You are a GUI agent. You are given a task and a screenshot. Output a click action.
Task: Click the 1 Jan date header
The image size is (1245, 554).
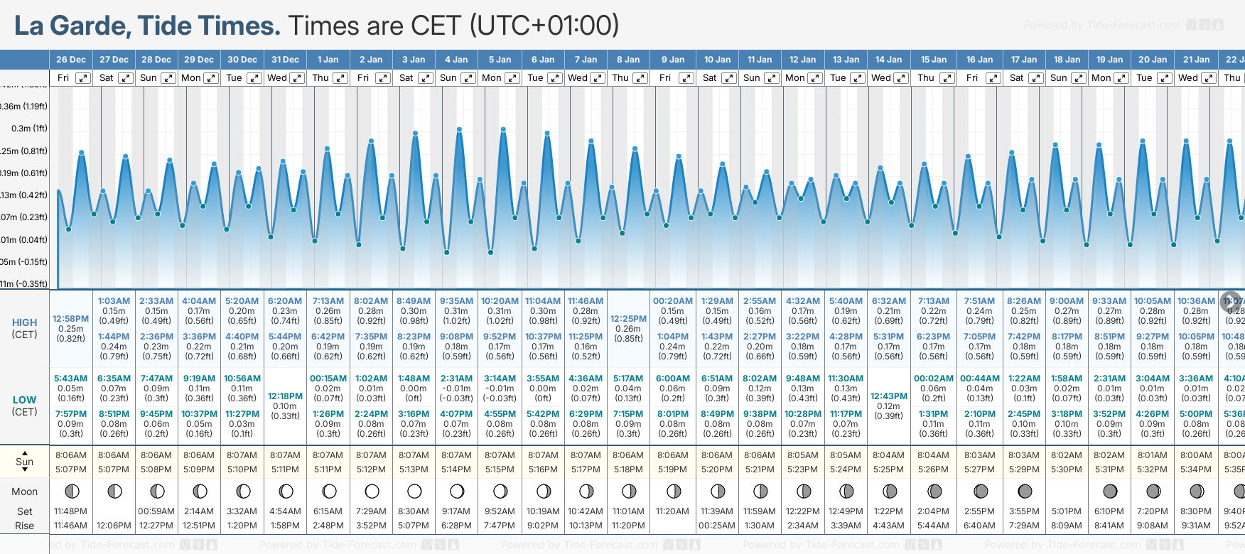(328, 60)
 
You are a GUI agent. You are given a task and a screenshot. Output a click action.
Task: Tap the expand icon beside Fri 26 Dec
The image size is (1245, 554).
(83, 78)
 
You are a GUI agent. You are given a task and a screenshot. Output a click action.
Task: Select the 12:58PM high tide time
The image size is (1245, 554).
(71, 319)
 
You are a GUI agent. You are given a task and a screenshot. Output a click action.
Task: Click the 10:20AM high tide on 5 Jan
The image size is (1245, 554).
(500, 301)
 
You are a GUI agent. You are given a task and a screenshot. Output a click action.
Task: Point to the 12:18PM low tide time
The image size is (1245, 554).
(285, 396)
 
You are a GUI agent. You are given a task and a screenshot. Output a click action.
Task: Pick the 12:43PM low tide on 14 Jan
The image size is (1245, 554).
(888, 396)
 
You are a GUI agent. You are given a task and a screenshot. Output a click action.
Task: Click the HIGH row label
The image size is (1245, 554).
(24, 322)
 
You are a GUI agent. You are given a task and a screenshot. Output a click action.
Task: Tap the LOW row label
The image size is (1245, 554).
(24, 400)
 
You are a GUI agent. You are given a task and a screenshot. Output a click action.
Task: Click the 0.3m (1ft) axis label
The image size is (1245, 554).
(30, 129)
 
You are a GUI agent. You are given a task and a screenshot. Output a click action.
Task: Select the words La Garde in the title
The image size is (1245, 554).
(72, 26)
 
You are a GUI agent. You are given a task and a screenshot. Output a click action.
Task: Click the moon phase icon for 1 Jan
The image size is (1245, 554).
(329, 491)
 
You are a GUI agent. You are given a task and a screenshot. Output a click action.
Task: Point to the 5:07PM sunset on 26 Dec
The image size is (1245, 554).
(71, 469)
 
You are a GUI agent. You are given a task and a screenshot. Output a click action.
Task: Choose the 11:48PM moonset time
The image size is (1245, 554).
(71, 511)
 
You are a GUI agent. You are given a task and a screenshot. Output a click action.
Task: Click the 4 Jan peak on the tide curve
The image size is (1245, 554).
(460, 130)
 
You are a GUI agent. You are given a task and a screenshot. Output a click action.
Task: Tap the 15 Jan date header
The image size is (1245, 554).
(934, 60)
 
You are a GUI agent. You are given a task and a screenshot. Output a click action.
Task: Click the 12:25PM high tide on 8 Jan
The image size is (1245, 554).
(629, 319)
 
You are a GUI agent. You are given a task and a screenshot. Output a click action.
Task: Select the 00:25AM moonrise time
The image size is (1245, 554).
(716, 526)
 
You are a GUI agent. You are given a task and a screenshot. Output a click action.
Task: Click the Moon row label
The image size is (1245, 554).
(24, 491)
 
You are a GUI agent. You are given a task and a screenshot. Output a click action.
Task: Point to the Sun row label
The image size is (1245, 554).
(24, 462)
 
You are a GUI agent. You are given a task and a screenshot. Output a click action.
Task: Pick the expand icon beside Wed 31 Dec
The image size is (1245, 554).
(298, 78)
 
